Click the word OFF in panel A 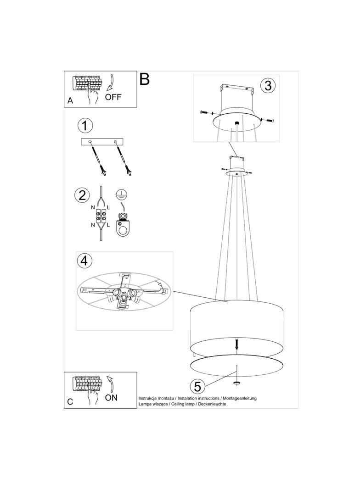click(x=113, y=97)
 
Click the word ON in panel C click(x=111, y=398)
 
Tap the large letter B click(x=145, y=79)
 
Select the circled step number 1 click(x=85, y=125)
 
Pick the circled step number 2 click(x=82, y=195)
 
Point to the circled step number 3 click(x=268, y=85)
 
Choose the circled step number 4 click(x=84, y=260)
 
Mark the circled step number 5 click(x=197, y=386)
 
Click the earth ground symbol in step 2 click(x=119, y=194)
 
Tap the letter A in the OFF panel click(x=70, y=101)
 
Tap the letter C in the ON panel click(x=70, y=402)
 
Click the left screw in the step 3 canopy click(x=205, y=112)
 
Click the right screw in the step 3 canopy click(x=266, y=120)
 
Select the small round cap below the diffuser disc click(x=237, y=382)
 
